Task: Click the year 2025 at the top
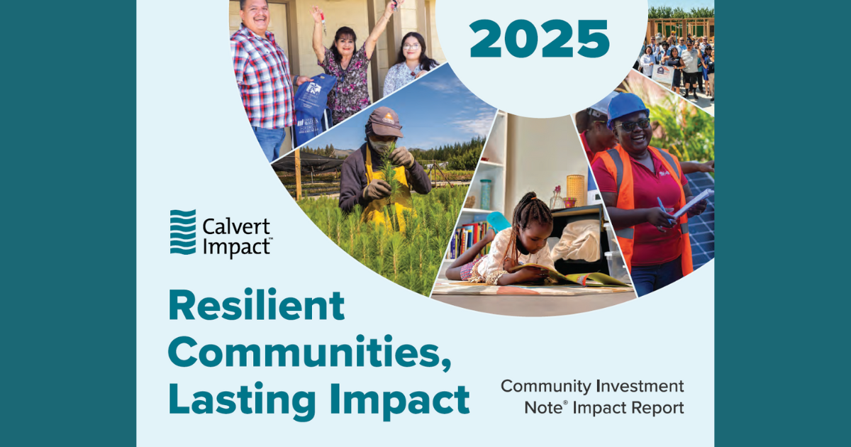539,39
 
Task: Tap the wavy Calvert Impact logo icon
183,231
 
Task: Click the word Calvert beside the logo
236,228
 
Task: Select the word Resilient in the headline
256,305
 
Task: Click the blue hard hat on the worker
626,106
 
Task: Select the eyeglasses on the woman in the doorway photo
411,47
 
